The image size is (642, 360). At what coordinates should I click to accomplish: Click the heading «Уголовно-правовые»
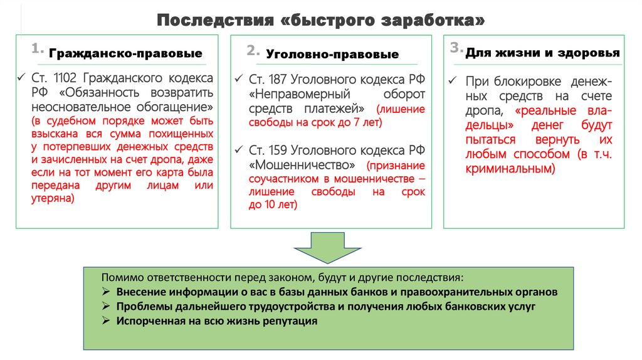tap(332, 55)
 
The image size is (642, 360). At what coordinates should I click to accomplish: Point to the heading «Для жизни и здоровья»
tap(542, 53)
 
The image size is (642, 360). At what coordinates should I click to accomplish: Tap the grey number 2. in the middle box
tap(253, 51)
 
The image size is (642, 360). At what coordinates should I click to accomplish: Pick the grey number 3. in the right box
tap(456, 48)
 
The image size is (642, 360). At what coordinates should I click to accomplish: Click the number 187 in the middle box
tap(278, 80)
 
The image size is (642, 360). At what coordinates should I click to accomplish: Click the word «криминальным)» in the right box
tap(510, 169)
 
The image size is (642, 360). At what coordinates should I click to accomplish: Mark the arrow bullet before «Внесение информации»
tap(106, 292)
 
